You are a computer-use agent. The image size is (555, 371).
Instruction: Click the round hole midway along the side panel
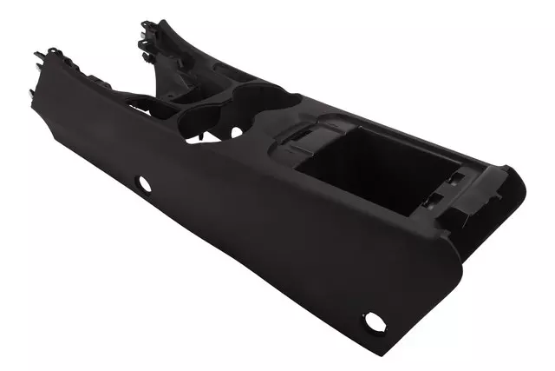pyautogui.click(x=143, y=183)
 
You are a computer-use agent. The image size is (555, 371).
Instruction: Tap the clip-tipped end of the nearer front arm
pyautogui.click(x=48, y=63)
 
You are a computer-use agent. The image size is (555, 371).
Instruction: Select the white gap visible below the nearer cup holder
pyautogui.click(x=233, y=132)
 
